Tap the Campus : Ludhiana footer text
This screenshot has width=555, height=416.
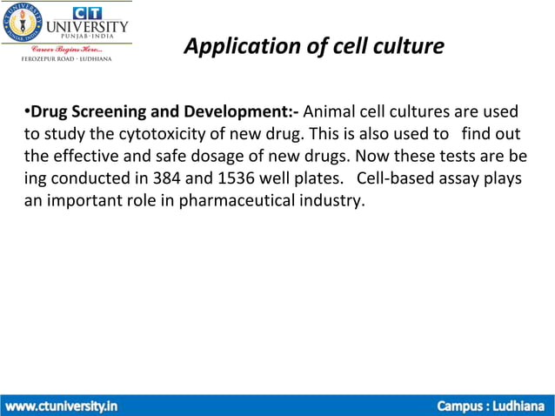click(x=490, y=406)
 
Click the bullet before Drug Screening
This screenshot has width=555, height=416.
click(x=27, y=112)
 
